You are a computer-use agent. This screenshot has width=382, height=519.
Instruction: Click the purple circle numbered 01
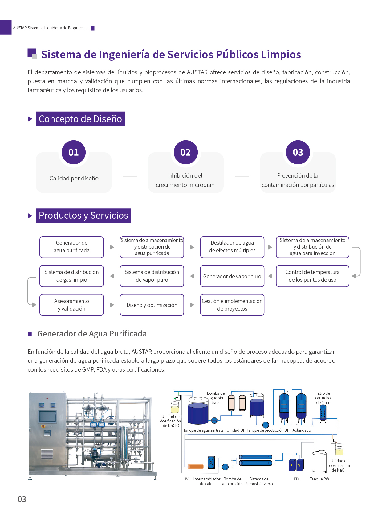73,152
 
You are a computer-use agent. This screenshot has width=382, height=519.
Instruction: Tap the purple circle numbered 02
185,152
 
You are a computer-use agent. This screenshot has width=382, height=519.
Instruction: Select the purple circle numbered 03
298,152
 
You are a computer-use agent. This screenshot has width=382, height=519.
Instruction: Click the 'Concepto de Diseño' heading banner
80,119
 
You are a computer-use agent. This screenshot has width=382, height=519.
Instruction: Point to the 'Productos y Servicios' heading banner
83,216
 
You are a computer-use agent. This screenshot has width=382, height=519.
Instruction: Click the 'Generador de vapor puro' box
232,276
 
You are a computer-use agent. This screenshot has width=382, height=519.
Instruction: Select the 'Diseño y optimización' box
152,305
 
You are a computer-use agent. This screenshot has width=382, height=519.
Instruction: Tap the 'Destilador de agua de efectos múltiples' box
232,247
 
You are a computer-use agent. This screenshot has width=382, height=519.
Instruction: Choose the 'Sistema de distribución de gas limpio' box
71,276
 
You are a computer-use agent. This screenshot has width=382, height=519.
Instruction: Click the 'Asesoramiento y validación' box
71,305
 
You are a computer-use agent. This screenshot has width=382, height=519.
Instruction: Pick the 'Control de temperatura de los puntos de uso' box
312,276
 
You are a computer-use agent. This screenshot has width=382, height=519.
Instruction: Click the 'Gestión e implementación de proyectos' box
232,305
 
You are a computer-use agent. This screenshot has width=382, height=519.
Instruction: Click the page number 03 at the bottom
22,499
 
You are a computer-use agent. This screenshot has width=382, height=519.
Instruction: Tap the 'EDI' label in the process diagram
297,479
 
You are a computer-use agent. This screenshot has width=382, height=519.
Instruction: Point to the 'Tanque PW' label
319,479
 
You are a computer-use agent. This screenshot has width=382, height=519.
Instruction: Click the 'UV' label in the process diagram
186,479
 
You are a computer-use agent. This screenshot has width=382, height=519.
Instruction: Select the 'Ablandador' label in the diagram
302,430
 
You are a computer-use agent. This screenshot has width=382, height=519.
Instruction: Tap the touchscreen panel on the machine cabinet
47,416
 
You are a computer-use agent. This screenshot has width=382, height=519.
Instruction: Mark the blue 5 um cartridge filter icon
323,413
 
